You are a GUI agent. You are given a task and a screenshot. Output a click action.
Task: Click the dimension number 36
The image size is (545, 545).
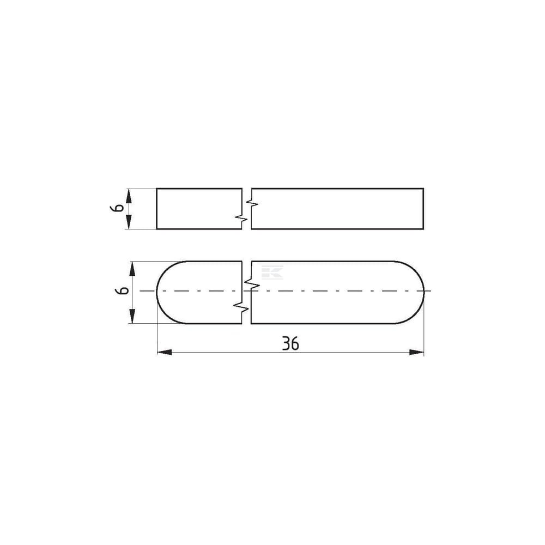290,343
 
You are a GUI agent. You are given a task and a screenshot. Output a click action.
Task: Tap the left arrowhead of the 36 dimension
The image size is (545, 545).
165,352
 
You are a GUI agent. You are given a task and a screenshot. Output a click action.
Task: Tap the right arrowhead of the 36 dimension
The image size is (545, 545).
416,352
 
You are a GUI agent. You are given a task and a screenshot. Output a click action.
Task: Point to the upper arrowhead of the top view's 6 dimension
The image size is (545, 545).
129,196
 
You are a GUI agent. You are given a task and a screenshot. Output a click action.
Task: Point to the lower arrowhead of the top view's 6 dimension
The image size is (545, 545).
129,222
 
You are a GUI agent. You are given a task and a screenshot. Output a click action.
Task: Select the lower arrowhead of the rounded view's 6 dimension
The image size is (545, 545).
132,316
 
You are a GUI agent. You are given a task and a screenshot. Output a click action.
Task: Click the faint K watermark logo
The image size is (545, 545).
272,272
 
